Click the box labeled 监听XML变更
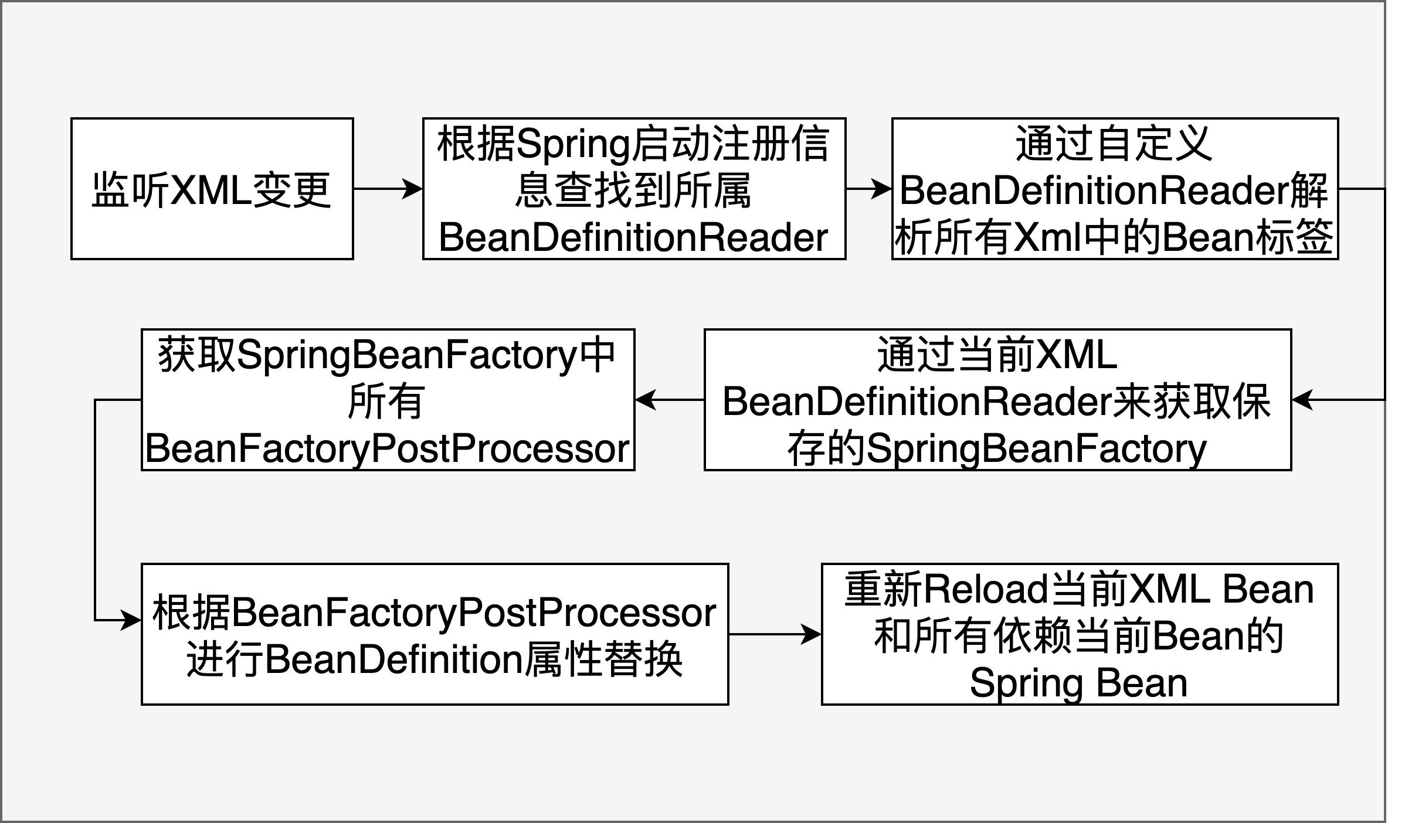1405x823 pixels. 212,189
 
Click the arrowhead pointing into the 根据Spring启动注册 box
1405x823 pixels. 413,189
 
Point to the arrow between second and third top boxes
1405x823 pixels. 868,189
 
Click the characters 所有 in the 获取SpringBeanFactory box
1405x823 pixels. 386,402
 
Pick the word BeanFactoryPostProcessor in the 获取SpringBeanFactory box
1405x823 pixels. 388,449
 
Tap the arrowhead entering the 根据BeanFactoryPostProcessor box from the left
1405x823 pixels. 130,620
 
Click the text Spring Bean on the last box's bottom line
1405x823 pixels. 1079,683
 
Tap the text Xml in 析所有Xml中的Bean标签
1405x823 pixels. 1047,238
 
